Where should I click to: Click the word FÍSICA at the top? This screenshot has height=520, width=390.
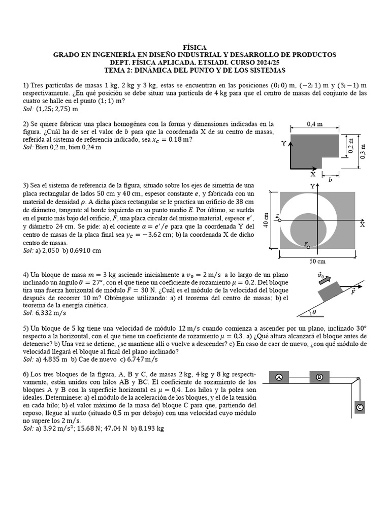coord(194,47)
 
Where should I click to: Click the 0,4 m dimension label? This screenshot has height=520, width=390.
coord(315,123)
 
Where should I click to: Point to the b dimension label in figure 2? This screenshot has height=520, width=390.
coord(331,180)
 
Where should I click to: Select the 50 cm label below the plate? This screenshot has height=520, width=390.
coord(317,261)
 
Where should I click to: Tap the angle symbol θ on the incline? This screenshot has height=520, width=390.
coord(314,312)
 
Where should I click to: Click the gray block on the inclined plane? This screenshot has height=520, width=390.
coord(329,293)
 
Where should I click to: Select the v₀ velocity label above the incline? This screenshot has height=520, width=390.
coord(321,275)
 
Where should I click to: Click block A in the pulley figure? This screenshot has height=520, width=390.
coord(279,377)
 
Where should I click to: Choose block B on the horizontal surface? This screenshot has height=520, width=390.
coord(319,377)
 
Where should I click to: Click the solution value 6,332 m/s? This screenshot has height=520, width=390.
coord(52,313)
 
